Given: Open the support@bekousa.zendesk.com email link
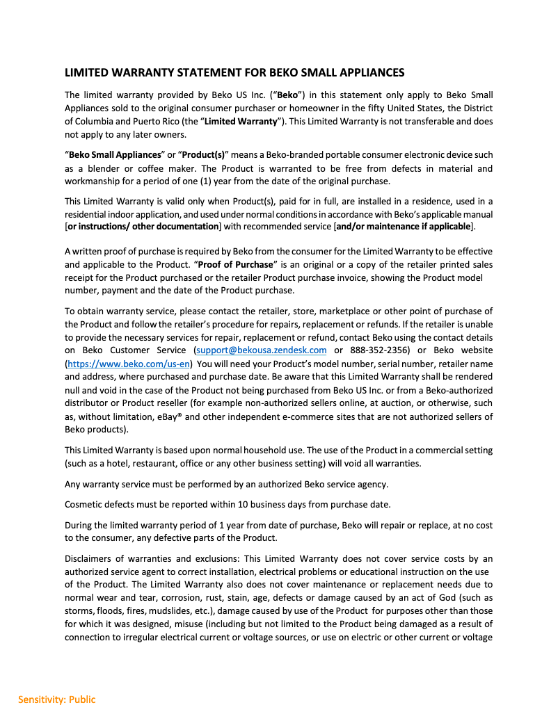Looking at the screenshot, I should pos(262,350).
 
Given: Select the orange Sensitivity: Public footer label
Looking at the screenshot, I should pos(57,699).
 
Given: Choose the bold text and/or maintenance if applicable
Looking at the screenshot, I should pos(404,227).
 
